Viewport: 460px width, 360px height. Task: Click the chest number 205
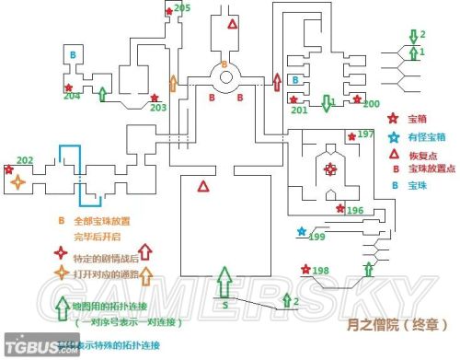click(x=182, y=8)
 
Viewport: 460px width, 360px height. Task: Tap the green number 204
click(x=72, y=95)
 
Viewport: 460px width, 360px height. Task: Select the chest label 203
click(x=158, y=108)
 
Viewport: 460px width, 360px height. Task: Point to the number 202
click(x=25, y=161)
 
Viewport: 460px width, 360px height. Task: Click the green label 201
click(x=299, y=110)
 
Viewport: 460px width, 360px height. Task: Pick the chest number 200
click(x=371, y=103)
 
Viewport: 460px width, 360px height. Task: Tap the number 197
click(x=366, y=134)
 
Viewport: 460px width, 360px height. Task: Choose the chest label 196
click(x=355, y=211)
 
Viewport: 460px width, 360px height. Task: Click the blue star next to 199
click(x=300, y=230)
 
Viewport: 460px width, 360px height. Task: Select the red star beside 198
click(x=305, y=269)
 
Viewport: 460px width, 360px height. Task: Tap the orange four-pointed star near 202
click(x=17, y=182)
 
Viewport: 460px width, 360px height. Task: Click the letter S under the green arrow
click(x=224, y=303)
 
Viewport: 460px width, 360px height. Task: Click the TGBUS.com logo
click(x=26, y=349)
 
